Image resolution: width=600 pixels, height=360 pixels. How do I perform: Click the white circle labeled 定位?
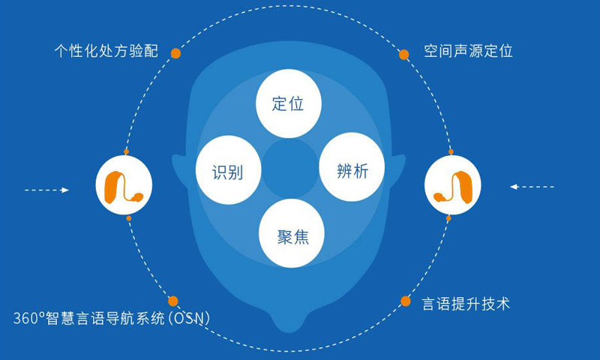tap(288, 103)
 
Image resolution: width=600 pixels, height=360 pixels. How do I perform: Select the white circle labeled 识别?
tap(229, 169)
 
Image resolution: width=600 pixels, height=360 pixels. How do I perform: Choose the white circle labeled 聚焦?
tap(292, 233)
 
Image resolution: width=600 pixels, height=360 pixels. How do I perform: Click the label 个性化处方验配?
tap(106, 51)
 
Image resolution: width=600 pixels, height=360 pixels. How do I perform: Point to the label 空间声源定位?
tap(468, 51)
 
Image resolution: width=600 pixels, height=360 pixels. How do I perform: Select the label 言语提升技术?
tap(466, 304)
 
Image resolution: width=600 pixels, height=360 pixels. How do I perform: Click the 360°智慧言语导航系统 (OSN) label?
tap(112, 318)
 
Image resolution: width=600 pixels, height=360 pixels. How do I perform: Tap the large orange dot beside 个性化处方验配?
tap(175, 53)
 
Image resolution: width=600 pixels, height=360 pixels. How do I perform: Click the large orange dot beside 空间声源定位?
tap(403, 54)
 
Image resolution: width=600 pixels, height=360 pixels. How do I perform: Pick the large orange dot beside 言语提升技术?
tap(406, 301)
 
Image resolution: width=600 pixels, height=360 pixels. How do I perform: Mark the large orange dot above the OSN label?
tap(173, 301)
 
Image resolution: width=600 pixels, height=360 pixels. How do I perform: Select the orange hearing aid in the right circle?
tap(453, 187)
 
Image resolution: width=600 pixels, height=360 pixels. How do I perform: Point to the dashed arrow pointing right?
tap(46, 190)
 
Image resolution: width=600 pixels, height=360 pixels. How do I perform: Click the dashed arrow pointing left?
tap(532, 187)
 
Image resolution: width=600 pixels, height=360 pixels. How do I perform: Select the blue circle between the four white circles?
tap(290, 168)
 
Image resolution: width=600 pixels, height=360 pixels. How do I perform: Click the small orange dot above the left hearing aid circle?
tap(126, 152)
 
